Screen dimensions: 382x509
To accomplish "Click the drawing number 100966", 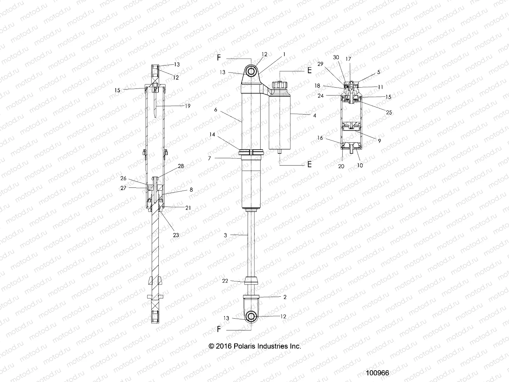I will pyautogui.click(x=377, y=373).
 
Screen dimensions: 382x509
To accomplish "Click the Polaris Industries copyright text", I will pyautogui.click(x=254, y=346).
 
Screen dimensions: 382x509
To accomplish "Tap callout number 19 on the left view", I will pyautogui.click(x=187, y=106).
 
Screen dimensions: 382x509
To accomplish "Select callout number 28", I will pyautogui.click(x=181, y=166).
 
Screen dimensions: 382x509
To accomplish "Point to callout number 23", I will pyautogui.click(x=176, y=235).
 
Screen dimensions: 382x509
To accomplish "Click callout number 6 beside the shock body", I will pyautogui.click(x=216, y=110).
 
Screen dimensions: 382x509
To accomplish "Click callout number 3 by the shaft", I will pyautogui.click(x=225, y=235).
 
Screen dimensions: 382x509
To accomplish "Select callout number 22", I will pyautogui.click(x=225, y=281).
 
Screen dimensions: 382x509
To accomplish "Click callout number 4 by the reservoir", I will pyautogui.click(x=315, y=116).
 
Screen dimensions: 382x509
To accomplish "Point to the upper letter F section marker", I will pyautogui.click(x=219, y=58).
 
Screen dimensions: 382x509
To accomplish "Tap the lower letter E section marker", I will pyautogui.click(x=309, y=165).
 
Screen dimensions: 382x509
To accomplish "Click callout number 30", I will pyautogui.click(x=336, y=57).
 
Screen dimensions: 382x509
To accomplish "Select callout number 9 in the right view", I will pyautogui.click(x=379, y=140).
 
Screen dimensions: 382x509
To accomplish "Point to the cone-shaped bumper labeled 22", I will pyautogui.click(x=251, y=280).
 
